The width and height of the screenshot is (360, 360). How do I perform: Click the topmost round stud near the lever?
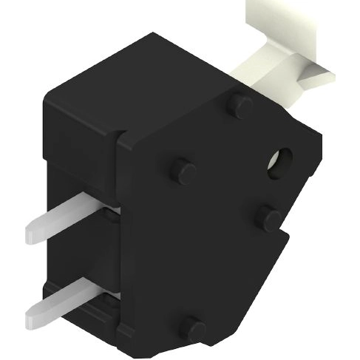point(240,105)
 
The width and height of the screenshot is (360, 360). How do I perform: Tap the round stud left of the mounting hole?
point(183,171)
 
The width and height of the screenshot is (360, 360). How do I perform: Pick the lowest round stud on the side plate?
point(194,327)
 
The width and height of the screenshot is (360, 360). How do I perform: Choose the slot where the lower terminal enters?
point(111,296)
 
